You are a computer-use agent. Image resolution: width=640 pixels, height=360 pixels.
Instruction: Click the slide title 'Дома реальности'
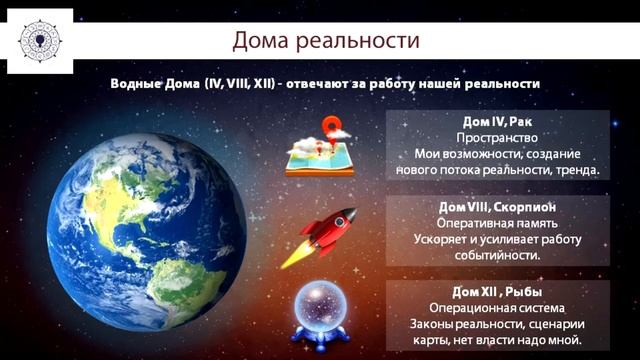pos(326,41)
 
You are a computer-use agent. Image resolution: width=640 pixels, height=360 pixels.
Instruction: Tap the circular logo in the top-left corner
pos(39,40)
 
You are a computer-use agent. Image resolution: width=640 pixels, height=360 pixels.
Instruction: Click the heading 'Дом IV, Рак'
pos(498,121)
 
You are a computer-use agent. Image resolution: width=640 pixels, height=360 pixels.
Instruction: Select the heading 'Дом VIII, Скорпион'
pos(497,206)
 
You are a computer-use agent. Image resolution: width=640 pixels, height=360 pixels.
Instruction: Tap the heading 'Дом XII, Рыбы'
pos(497,291)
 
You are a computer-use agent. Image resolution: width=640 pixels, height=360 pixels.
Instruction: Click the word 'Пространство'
pos(497,137)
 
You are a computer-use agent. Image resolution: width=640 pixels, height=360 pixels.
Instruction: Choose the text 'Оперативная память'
pos(497,222)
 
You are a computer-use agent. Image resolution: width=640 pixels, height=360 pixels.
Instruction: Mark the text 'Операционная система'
pos(497,307)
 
